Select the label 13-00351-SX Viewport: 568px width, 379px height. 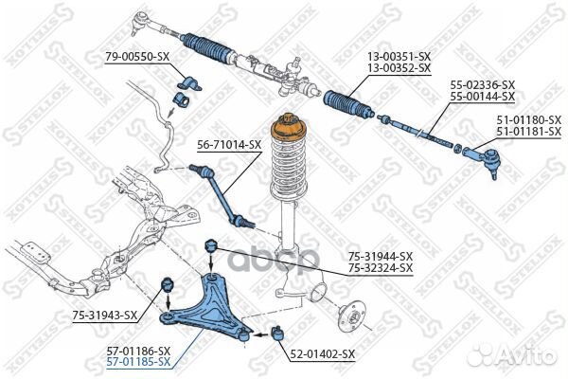coord(399,57)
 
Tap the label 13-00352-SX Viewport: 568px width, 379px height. coord(399,68)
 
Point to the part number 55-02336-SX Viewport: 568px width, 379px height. coord(483,85)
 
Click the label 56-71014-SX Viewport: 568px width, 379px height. coord(229,144)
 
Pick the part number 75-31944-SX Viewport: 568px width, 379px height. coord(381,256)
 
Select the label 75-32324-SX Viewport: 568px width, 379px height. coord(381,268)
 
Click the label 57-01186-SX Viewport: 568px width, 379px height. coord(138,350)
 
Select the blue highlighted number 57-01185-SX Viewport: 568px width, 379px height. coord(138,362)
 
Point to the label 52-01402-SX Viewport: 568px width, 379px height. coord(322,353)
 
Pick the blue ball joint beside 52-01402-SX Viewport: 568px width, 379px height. coord(278,333)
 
